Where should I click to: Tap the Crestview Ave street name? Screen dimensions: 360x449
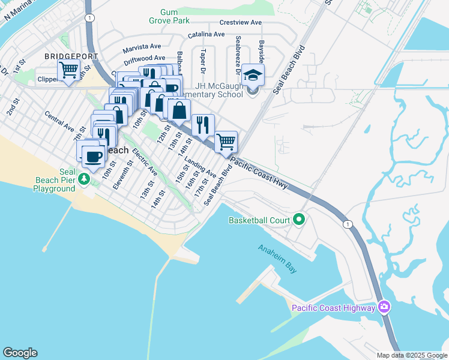pos(241,23)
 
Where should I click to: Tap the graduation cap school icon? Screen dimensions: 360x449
pos(253,76)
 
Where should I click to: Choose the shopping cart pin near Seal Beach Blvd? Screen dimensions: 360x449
pos(226,142)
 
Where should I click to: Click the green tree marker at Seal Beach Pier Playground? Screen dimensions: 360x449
pos(85,179)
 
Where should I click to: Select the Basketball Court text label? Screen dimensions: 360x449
pos(259,220)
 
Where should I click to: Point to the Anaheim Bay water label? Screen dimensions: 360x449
pos(277,259)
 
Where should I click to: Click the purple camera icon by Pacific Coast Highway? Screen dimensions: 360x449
pos(384,308)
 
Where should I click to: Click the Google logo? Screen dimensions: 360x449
pos(20,353)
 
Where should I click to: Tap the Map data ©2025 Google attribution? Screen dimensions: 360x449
pos(411,355)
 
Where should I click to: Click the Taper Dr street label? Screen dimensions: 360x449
pos(204,60)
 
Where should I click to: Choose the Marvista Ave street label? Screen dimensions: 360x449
pos(142,46)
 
